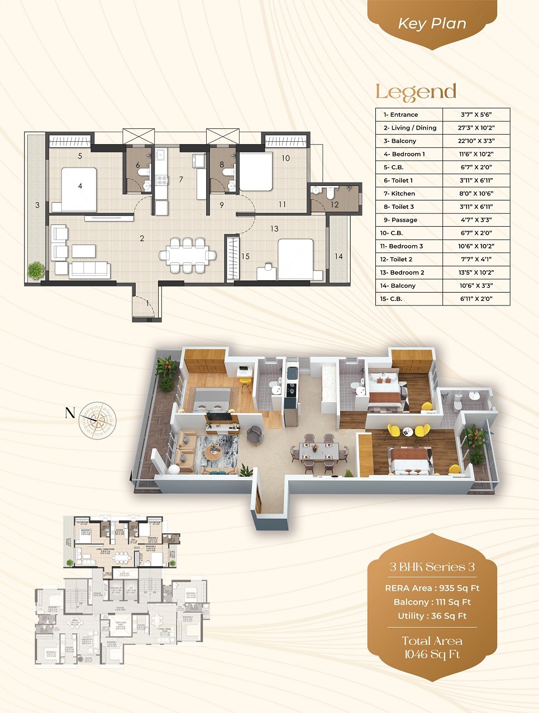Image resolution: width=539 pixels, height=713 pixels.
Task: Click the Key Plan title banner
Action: coord(432,24)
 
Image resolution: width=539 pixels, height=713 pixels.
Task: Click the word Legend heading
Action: coord(416,92)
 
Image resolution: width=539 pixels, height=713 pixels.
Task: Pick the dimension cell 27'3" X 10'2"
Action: coord(476,128)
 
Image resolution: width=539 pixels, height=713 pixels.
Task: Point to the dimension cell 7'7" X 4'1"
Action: coord(476,259)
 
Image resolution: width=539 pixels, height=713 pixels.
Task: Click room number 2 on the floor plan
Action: coord(142,238)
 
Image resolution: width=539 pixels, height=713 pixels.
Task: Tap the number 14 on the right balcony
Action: coord(338,256)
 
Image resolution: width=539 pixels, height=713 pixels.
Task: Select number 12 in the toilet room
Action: coord(335,204)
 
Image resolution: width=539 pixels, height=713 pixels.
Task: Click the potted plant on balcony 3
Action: coord(36,270)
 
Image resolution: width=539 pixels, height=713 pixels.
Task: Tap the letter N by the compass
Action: coord(70,413)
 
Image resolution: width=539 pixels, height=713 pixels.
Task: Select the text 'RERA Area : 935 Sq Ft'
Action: coord(432,588)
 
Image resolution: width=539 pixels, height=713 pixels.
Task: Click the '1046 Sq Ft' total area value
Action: coord(432,654)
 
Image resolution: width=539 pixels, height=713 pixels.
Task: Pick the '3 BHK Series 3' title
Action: coord(432,567)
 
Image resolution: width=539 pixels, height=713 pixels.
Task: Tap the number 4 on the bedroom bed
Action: coord(80,186)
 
